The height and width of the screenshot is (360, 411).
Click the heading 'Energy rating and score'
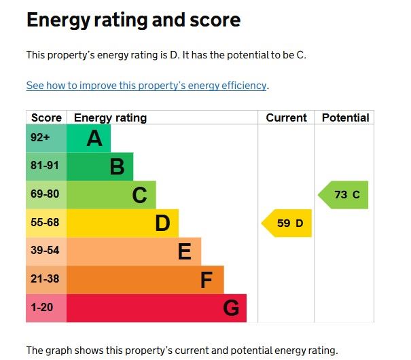133,20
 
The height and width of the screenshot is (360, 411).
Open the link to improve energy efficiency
147,86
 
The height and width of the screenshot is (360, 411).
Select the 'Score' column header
46,118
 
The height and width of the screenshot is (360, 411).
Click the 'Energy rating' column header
110,118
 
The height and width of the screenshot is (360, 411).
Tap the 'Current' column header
286,118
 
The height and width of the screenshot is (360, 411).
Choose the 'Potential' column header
345,118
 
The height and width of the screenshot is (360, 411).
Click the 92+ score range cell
40,138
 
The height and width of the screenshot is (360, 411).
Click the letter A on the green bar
94,139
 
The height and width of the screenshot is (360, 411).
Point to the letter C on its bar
139,196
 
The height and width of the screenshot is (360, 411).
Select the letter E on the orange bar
184,252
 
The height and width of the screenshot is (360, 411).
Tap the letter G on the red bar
231,309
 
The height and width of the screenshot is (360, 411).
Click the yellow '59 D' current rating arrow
288,223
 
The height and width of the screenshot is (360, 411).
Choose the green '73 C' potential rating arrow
345,195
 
